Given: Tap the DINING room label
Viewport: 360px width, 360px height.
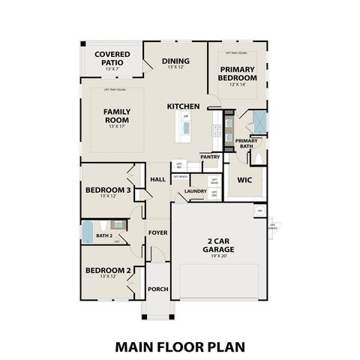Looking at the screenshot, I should point(175,61).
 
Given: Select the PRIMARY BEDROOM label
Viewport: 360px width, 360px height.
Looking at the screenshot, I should point(237,73).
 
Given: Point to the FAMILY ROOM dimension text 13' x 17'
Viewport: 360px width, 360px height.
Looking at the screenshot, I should point(117,126).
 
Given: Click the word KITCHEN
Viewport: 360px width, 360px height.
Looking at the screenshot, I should point(183,106).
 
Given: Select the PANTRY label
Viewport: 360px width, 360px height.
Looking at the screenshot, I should point(210,157).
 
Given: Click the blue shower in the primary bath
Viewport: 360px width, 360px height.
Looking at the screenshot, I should point(257,121).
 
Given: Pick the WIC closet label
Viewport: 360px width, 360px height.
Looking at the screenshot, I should point(243,180).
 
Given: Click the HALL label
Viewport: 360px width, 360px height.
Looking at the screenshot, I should point(157,180).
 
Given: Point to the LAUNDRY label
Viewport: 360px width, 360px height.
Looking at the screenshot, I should point(196,191).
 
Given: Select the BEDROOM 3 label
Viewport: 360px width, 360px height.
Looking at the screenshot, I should point(108,190).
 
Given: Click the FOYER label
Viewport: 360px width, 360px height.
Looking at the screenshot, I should point(157,232).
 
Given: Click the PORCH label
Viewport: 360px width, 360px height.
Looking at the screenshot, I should point(157,289).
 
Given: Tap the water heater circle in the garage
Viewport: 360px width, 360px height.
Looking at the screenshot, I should point(259,211).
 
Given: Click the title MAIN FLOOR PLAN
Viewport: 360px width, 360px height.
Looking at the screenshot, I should point(180,347).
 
